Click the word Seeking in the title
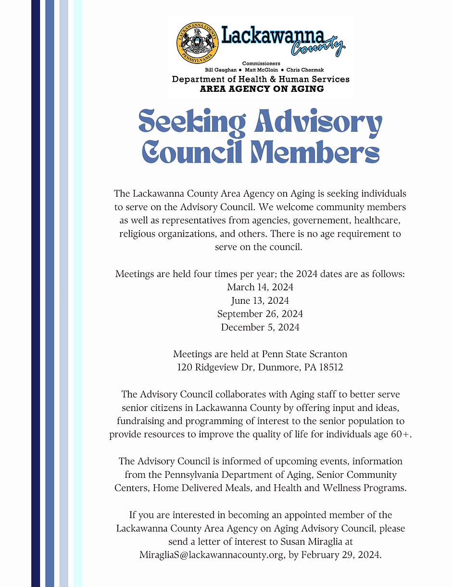(x=192, y=123)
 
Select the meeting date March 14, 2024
(x=260, y=287)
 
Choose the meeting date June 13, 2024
(x=260, y=300)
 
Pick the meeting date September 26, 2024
(x=260, y=314)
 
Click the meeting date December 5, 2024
(x=260, y=327)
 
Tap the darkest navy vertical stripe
(x=36, y=293)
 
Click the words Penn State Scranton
(x=304, y=354)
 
